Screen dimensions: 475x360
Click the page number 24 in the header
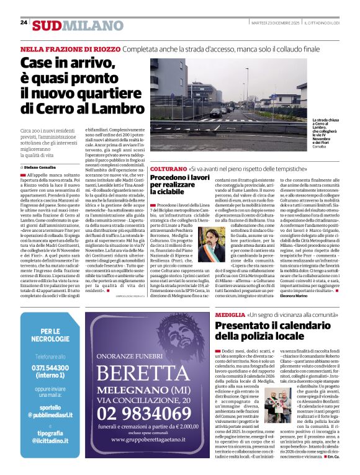(x=24, y=22)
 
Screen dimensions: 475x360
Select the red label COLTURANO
(x=168, y=169)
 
